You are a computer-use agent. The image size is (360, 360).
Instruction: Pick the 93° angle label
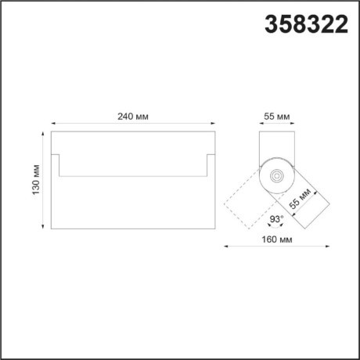[x=276, y=220]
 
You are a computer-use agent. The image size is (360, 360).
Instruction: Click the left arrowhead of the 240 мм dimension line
[x=53, y=124]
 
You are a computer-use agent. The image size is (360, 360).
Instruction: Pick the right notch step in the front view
[x=207, y=164]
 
